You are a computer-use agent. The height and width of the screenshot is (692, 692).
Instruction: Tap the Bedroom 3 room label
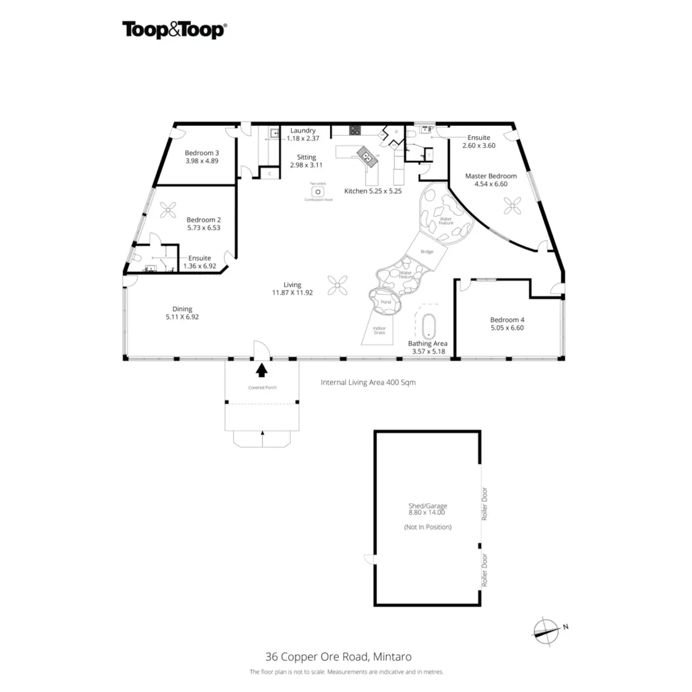pos(202,153)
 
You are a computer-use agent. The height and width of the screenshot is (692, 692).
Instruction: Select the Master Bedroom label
pos(491,176)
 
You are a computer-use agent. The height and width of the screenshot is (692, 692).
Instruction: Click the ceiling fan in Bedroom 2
pos(168,210)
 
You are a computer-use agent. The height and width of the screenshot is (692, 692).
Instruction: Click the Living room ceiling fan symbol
pos(338,284)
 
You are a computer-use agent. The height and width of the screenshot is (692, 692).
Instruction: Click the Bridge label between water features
pos(427,251)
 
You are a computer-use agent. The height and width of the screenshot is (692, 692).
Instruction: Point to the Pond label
pos(386,302)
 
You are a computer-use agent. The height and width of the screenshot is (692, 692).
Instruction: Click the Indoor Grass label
pos(379,330)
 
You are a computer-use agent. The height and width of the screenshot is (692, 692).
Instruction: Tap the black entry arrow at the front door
pos(262,370)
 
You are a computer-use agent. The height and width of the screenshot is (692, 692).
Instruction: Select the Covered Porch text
pos(262,388)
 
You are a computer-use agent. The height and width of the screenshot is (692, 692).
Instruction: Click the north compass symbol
pos(546,630)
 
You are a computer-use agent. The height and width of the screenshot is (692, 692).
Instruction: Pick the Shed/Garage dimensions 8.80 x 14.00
pos(427,512)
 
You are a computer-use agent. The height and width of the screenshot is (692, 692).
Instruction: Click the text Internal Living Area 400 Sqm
pos(368,382)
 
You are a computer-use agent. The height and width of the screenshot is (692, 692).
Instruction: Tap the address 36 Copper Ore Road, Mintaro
pos(339,656)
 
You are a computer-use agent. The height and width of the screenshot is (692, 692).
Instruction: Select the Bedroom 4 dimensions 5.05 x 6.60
pos(507,328)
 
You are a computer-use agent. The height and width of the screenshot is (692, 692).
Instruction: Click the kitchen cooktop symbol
pos(355,130)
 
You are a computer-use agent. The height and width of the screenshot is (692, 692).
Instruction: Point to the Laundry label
pos(303,131)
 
